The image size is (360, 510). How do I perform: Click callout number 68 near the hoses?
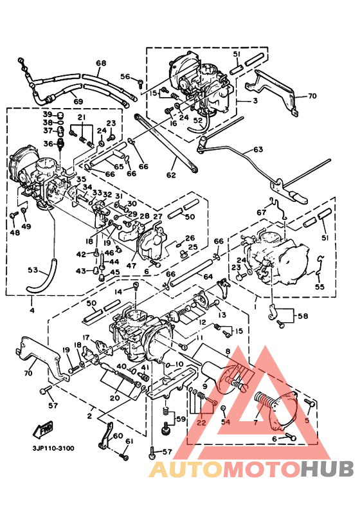click(101, 64)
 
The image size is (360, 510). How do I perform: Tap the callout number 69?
click(78, 102)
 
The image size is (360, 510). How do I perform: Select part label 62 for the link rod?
click(170, 174)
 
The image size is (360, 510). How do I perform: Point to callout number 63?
click(258, 149)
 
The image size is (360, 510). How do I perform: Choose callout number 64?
click(208, 277)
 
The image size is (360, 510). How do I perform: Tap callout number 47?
click(132, 266)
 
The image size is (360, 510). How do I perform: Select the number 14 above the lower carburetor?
click(118, 292)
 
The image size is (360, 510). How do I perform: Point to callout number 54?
click(225, 422)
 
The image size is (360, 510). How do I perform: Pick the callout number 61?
click(129, 441)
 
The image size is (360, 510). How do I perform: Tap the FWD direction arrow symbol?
click(45, 428)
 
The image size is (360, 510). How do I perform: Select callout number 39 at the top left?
click(48, 114)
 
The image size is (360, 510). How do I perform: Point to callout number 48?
click(13, 233)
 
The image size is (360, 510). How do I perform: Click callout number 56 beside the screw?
click(125, 77)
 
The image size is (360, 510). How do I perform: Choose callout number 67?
click(262, 213)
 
